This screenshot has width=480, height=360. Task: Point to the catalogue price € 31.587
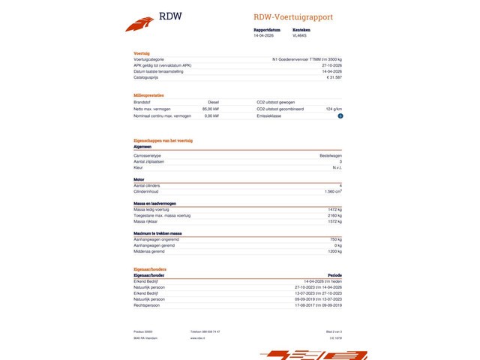click(334, 76)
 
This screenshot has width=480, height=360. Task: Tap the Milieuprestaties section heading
click(148, 95)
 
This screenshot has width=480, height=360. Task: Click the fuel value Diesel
click(213, 102)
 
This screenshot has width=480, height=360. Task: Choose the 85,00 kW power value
click(210, 109)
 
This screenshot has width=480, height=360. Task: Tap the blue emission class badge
click(340, 115)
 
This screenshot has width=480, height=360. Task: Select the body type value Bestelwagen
click(331, 154)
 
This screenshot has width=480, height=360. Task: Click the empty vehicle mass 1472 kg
click(334, 208)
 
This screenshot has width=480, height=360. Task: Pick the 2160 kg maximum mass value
click(334, 215)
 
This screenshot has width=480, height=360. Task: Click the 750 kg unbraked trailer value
click(335, 239)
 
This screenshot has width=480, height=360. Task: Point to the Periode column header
click(334, 275)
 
